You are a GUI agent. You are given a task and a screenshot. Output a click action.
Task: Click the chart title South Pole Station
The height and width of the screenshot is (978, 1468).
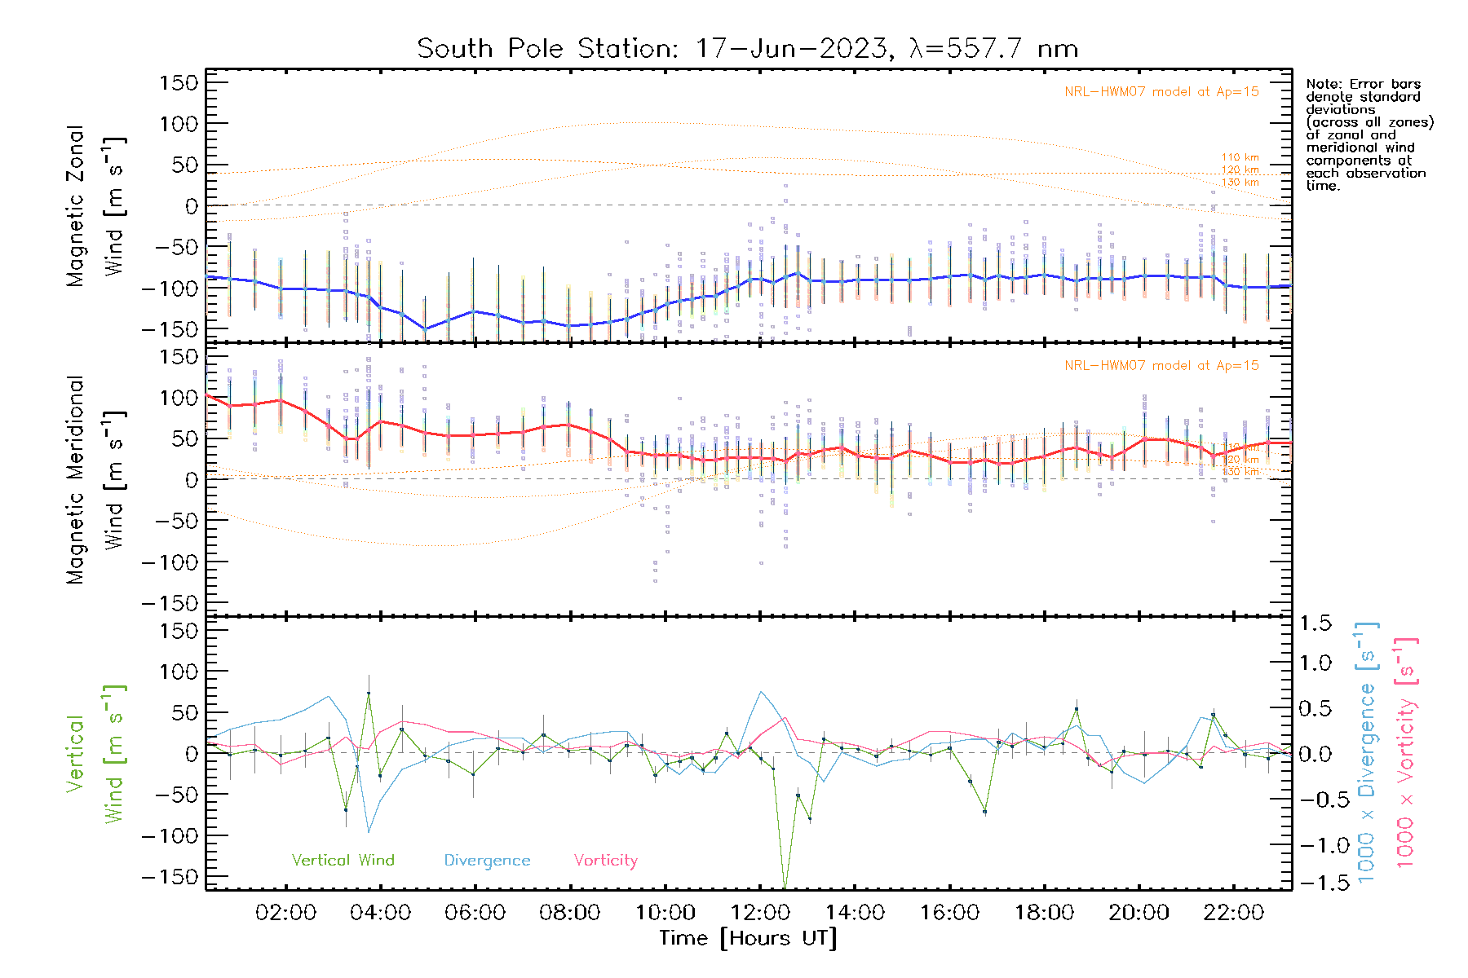[747, 49]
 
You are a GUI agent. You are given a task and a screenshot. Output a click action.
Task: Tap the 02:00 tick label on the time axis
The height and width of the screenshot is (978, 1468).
[285, 913]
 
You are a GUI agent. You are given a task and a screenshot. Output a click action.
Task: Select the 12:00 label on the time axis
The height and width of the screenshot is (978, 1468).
[760, 913]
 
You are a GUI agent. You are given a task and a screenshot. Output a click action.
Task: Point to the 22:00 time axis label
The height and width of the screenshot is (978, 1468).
[1233, 913]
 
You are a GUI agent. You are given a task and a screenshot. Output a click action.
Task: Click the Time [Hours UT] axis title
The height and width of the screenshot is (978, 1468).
[748, 938]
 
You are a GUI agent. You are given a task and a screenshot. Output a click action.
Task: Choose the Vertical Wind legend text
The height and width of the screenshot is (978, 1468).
[343, 861]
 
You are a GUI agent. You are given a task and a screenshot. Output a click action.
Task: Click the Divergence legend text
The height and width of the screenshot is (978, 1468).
[487, 861]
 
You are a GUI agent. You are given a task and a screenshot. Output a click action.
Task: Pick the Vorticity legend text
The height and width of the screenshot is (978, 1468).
[605, 861]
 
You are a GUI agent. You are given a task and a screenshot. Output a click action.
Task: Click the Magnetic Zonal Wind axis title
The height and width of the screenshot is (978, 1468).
[96, 206]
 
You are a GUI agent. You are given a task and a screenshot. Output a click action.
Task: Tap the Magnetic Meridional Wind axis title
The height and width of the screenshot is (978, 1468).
[96, 480]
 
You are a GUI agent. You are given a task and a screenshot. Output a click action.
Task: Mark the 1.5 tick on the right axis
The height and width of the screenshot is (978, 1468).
[1315, 623]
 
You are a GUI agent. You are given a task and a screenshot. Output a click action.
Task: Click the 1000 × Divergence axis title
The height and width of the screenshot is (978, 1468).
[1367, 753]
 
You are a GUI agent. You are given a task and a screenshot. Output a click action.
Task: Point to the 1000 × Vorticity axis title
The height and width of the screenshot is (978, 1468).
[1405, 753]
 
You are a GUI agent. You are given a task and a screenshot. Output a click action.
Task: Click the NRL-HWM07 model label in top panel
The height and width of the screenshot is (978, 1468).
[1161, 92]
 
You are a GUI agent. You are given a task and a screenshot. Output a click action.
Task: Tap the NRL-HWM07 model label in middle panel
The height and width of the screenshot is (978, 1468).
[1161, 366]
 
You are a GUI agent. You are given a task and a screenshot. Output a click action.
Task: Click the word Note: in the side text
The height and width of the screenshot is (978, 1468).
[1324, 84]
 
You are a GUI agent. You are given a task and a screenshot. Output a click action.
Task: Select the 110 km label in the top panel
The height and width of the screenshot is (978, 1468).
[1240, 157]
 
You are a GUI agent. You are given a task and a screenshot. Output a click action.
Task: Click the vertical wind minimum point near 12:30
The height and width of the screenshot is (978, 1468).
[785, 887]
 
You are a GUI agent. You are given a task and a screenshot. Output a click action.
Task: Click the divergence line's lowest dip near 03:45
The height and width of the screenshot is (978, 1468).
[369, 832]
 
